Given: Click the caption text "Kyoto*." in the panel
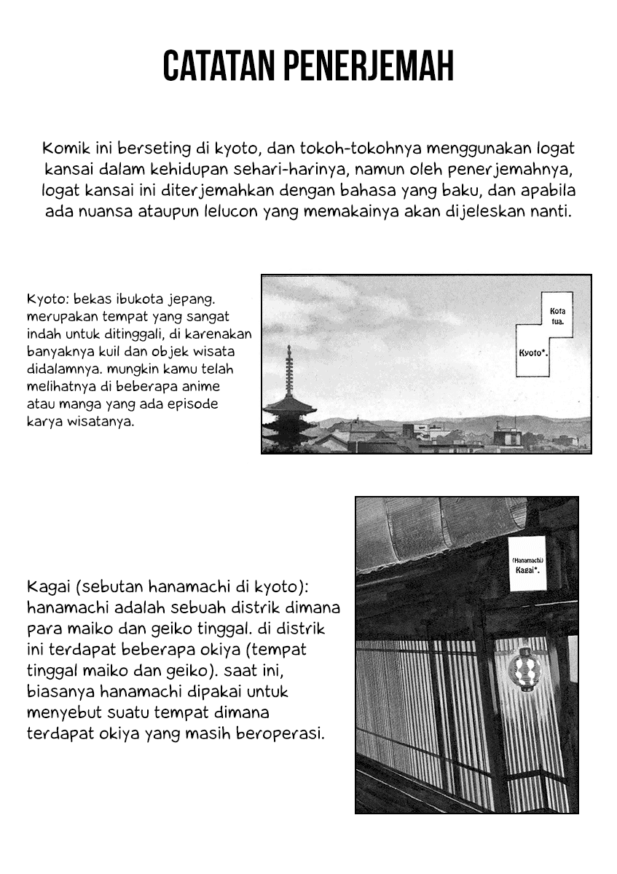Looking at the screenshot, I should pos(532,353).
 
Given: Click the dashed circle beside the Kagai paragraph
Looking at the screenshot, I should pos(321,666).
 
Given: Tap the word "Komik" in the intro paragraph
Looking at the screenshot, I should pos(64,149).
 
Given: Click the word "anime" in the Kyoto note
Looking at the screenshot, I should pos(203,387).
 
